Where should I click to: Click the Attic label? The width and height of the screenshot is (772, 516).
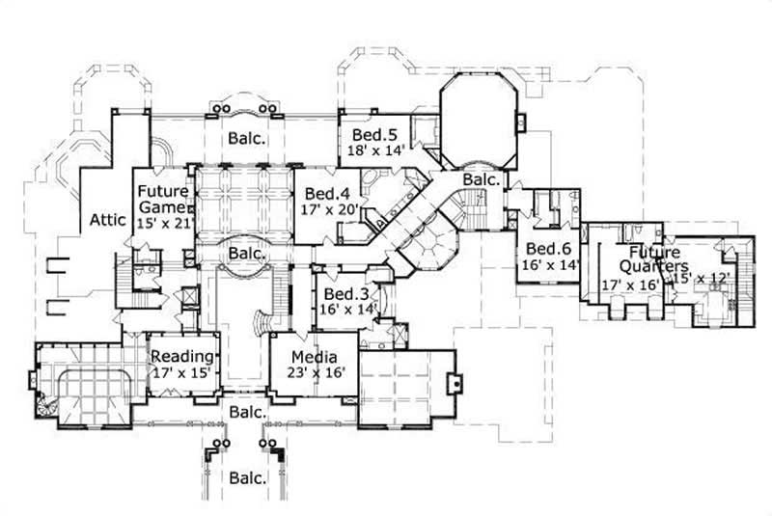(x=108, y=220)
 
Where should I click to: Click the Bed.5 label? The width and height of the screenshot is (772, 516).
(x=372, y=133)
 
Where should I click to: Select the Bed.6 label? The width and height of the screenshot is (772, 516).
(x=547, y=248)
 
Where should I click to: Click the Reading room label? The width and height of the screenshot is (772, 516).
(x=181, y=356)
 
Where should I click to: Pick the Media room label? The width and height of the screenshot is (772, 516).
(x=311, y=356)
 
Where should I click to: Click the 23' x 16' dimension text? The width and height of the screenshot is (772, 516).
(x=311, y=372)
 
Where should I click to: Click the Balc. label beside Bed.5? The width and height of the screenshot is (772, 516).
(x=248, y=138)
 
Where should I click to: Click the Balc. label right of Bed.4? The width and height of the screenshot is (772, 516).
(x=480, y=180)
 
